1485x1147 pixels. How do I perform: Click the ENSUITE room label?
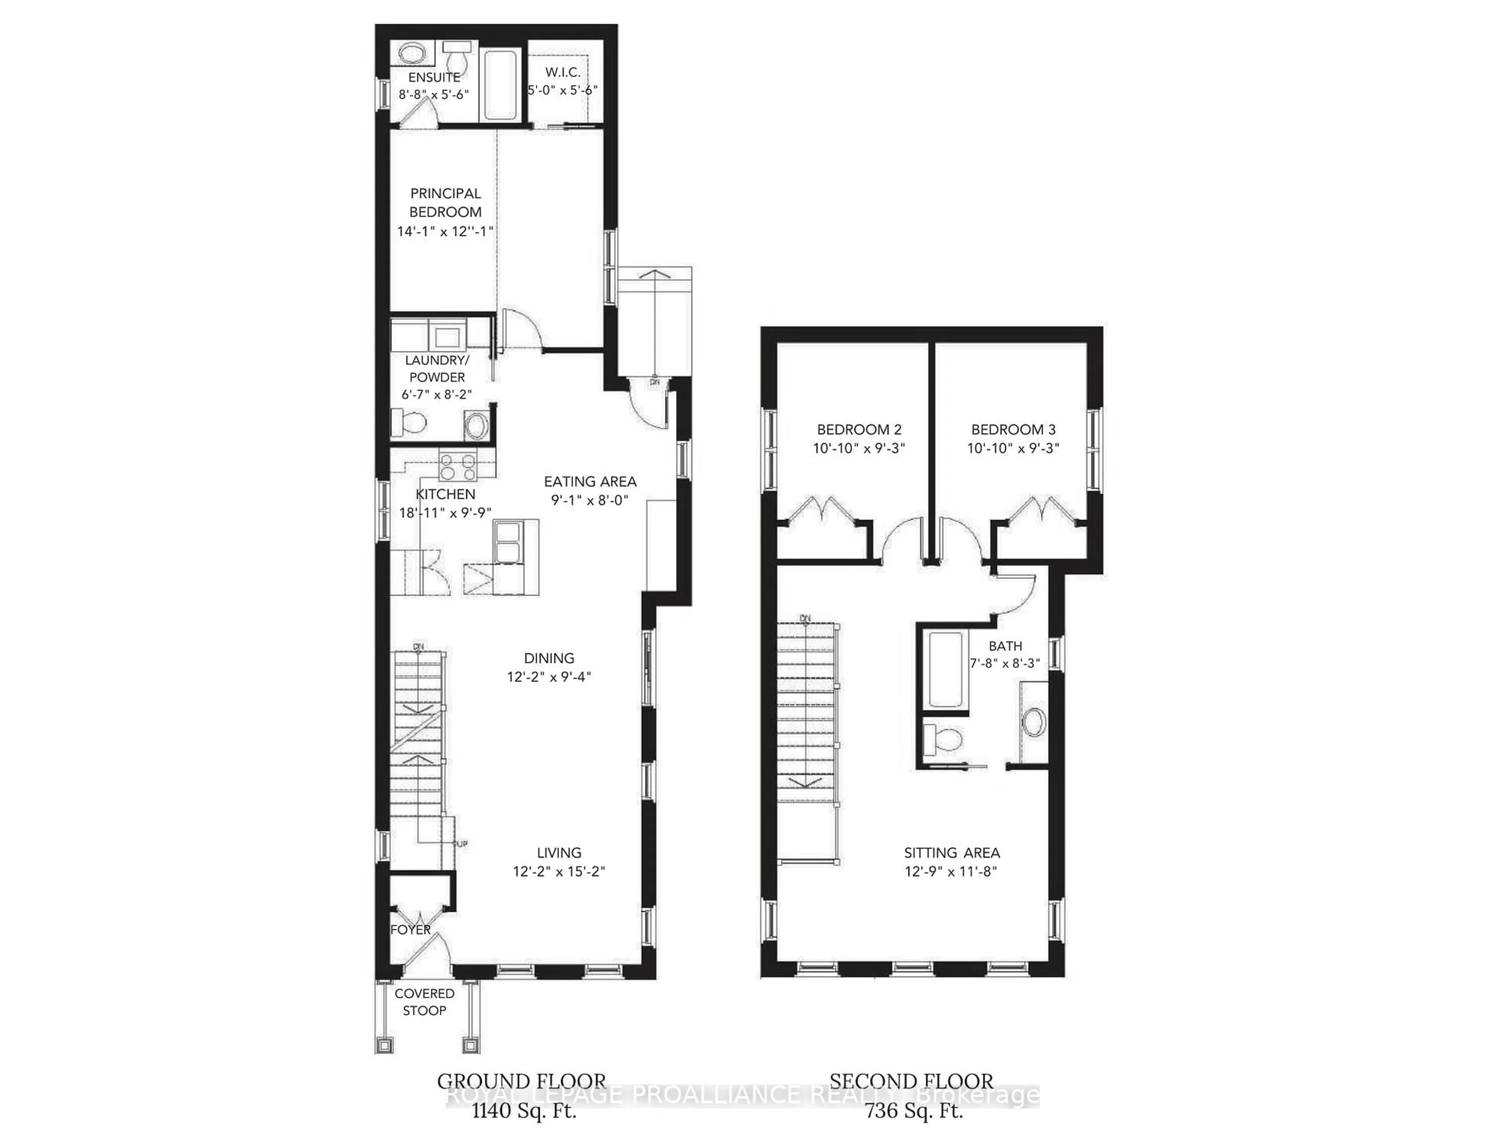(x=434, y=77)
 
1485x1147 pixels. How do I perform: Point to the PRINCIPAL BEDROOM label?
(x=445, y=203)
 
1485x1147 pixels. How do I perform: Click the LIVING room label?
(x=559, y=853)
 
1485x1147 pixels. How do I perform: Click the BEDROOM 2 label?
(x=859, y=430)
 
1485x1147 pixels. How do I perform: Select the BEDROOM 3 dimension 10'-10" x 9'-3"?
(x=1013, y=449)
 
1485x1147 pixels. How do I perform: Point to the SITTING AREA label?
(x=951, y=853)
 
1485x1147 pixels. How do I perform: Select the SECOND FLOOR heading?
(x=911, y=1081)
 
